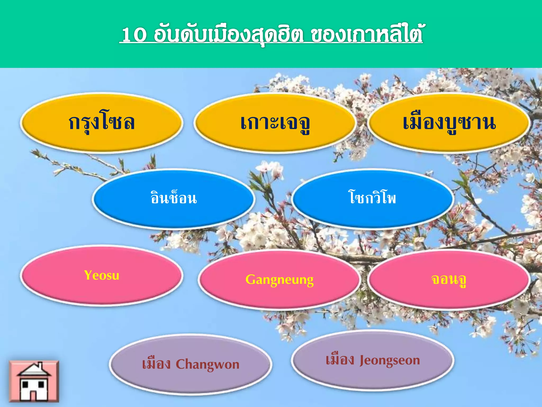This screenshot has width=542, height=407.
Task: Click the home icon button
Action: (34, 381)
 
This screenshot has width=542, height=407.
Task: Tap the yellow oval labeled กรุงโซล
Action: (102, 122)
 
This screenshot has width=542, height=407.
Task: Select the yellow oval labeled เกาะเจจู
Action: (275, 122)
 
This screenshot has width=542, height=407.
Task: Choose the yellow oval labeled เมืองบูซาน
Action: (449, 122)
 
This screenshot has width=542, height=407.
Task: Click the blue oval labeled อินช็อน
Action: (174, 198)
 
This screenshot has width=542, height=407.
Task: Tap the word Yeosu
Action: (102, 275)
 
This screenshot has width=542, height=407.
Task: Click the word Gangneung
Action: (279, 280)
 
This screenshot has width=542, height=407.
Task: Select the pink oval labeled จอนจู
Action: (449, 280)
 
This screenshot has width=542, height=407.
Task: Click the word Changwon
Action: (207, 364)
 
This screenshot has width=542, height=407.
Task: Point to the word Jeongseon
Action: (390, 360)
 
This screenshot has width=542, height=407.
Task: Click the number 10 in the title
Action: (134, 34)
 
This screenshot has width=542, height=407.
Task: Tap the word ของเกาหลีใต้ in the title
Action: (366, 34)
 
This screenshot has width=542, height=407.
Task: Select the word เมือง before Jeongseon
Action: (340, 360)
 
